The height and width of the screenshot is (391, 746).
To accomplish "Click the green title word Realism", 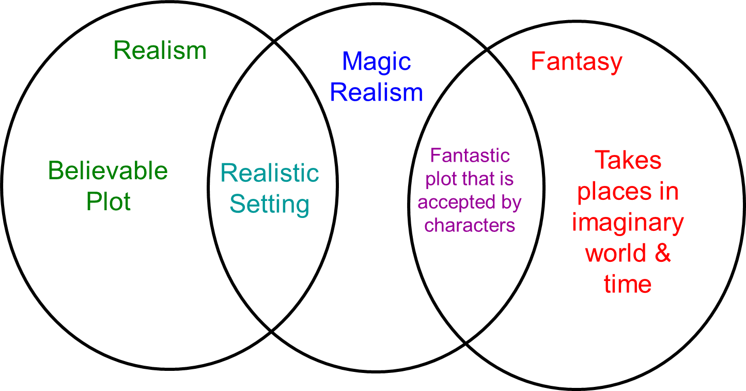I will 160,51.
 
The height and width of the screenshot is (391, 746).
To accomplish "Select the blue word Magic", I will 376,62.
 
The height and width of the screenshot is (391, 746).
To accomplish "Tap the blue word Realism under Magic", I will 376,93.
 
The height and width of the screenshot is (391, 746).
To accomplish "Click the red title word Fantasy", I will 576,62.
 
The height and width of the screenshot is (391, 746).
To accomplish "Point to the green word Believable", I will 108,171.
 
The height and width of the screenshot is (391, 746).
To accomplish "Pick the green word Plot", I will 108,201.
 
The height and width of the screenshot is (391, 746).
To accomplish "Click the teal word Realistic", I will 270,173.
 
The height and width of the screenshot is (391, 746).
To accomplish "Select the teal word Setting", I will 270,204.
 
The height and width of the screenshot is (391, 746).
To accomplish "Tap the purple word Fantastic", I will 470,155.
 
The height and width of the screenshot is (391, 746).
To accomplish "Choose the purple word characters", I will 470,225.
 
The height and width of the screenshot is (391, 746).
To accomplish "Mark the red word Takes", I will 628,160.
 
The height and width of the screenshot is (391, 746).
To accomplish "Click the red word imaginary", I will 628,223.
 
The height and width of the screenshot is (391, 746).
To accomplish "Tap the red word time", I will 628,284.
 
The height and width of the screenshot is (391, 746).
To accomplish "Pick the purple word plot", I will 440,179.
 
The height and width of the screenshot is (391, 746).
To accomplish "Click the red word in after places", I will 667,191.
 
